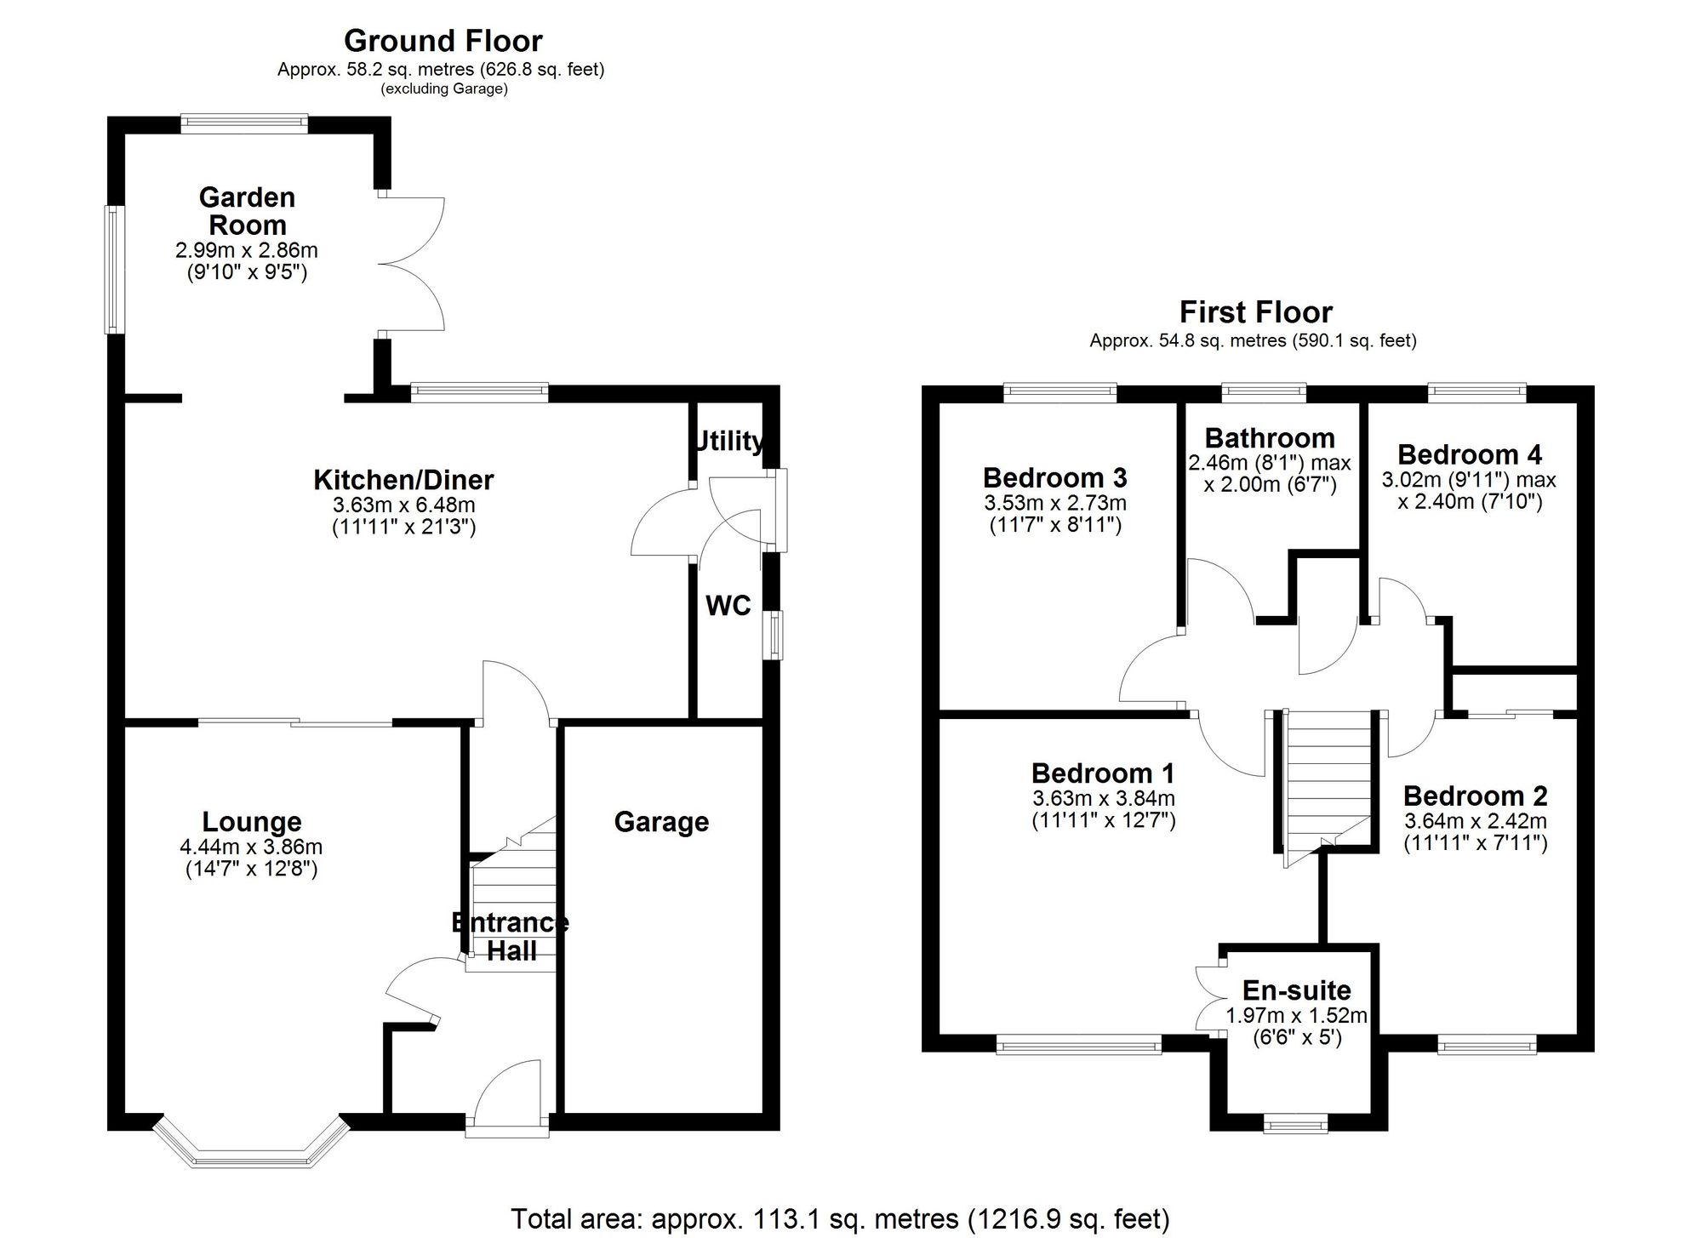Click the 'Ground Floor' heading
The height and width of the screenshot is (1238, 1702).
(443, 40)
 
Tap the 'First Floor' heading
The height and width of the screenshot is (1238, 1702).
(1255, 312)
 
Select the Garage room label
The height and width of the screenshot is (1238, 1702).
(661, 822)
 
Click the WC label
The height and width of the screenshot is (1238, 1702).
(728, 606)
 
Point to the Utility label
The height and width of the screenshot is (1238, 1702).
(728, 441)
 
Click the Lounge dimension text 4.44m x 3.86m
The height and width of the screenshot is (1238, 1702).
(251, 847)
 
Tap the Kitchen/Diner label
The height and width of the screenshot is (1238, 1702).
(403, 480)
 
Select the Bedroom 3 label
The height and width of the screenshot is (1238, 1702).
(1054, 477)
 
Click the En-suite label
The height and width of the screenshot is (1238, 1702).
(1296, 990)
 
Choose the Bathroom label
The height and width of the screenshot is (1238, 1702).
(1270, 438)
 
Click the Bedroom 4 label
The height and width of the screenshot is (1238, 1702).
(1470, 454)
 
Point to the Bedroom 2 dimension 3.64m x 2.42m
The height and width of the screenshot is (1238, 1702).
(1475, 822)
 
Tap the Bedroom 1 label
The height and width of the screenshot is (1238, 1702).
(1103, 773)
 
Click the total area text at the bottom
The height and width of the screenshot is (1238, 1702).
(840, 1218)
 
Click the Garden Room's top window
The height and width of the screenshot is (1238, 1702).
(244, 124)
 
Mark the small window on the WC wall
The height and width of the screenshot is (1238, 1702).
(774, 635)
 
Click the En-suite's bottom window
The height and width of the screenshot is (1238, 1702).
(1295, 1126)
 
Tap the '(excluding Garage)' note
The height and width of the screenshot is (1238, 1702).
(444, 88)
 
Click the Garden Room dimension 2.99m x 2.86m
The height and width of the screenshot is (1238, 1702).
(247, 250)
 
